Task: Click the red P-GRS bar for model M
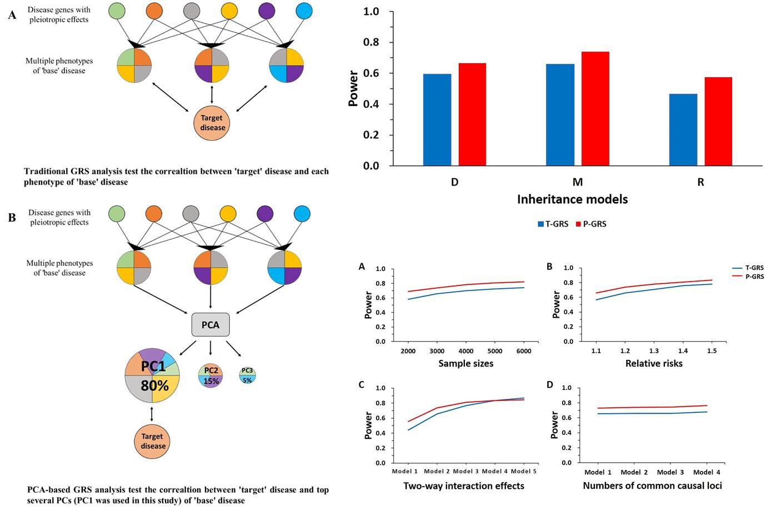(595, 109)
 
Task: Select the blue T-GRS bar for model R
(683, 130)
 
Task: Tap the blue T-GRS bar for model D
(437, 120)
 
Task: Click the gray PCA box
(211, 324)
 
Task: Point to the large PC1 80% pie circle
(152, 375)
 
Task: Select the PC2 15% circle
(211, 375)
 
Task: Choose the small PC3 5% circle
(248, 375)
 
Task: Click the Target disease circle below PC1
(152, 442)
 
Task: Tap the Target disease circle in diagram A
(212, 123)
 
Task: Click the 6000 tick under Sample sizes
(523, 351)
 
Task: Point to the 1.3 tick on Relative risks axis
(654, 351)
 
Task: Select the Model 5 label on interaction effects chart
(523, 471)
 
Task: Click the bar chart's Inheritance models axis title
(572, 199)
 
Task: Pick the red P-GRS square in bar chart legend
(578, 224)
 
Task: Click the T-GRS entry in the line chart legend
(748, 268)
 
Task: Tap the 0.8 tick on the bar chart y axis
(371, 42)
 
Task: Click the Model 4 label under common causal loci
(707, 472)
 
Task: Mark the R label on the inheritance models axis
(700, 182)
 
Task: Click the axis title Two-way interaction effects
(464, 486)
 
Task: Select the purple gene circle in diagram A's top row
(267, 11)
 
